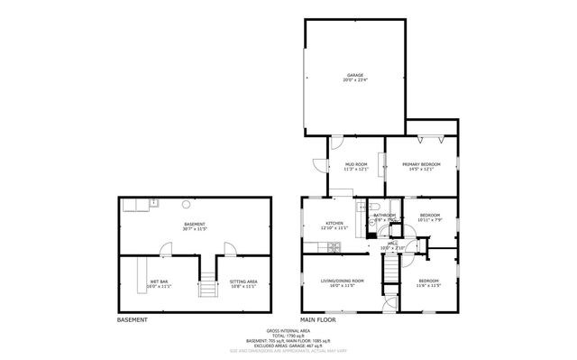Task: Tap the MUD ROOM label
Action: [x=355, y=164]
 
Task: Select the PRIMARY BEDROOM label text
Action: [x=421, y=164]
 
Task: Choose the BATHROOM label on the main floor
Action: [x=384, y=216]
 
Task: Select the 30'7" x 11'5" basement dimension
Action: [x=195, y=229]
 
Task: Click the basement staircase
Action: [x=209, y=285]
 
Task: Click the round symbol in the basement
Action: [x=186, y=203]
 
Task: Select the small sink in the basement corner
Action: [x=154, y=203]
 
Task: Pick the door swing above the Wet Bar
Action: [x=168, y=247]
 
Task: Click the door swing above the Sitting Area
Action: [x=229, y=247]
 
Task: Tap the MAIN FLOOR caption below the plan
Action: [x=318, y=319]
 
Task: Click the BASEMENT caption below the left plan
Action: [x=133, y=319]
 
